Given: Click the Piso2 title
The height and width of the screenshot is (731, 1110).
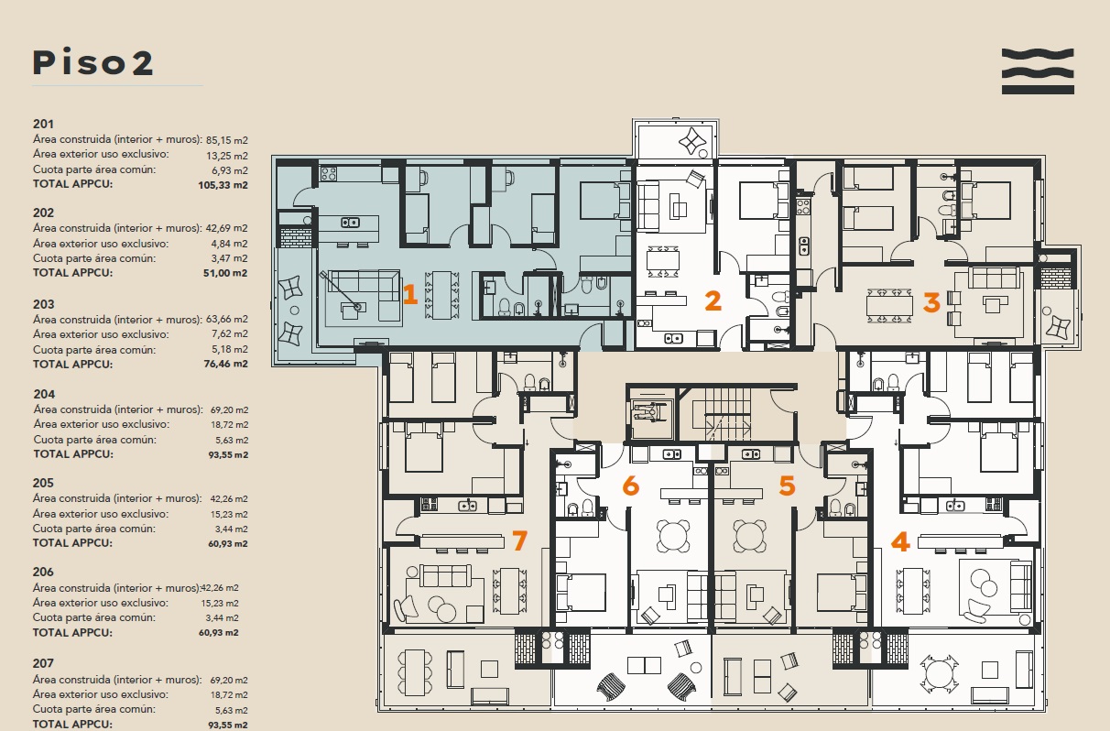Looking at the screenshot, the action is [x=92, y=63].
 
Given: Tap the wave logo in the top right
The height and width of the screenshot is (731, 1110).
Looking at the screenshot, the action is [x=1038, y=71].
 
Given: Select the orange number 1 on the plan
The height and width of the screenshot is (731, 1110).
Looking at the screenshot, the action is [x=409, y=294].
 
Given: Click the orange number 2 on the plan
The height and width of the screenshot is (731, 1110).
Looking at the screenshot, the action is [x=713, y=300].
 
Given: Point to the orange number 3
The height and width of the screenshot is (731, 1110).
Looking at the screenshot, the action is [x=931, y=302].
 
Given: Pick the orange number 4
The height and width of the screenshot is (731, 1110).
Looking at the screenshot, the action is [x=900, y=541].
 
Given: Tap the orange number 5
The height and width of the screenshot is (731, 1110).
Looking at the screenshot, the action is [x=787, y=486].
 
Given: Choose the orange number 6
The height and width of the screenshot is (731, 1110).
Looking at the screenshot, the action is [x=631, y=486].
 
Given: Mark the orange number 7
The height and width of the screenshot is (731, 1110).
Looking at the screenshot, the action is [x=519, y=540].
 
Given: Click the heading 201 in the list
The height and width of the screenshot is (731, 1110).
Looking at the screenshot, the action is [x=43, y=124].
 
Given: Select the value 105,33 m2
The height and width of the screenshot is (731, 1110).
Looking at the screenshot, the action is [x=223, y=185].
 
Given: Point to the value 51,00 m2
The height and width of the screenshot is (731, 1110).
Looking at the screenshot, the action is [x=225, y=273].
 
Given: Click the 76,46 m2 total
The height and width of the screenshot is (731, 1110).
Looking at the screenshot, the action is [x=225, y=364].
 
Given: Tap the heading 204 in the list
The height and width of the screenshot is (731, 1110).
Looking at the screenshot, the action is [x=44, y=395].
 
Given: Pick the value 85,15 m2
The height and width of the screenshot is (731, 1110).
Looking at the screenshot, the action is [x=227, y=140].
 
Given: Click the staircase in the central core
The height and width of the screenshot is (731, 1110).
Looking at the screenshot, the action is [x=727, y=414].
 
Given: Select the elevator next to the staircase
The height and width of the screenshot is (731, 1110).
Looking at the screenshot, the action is [x=649, y=414].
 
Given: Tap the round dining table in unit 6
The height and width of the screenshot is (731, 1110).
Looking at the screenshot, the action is [x=673, y=536].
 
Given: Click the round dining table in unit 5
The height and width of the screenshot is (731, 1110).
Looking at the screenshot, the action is [x=749, y=536].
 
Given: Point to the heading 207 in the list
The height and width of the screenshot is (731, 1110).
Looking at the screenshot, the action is [x=43, y=663].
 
